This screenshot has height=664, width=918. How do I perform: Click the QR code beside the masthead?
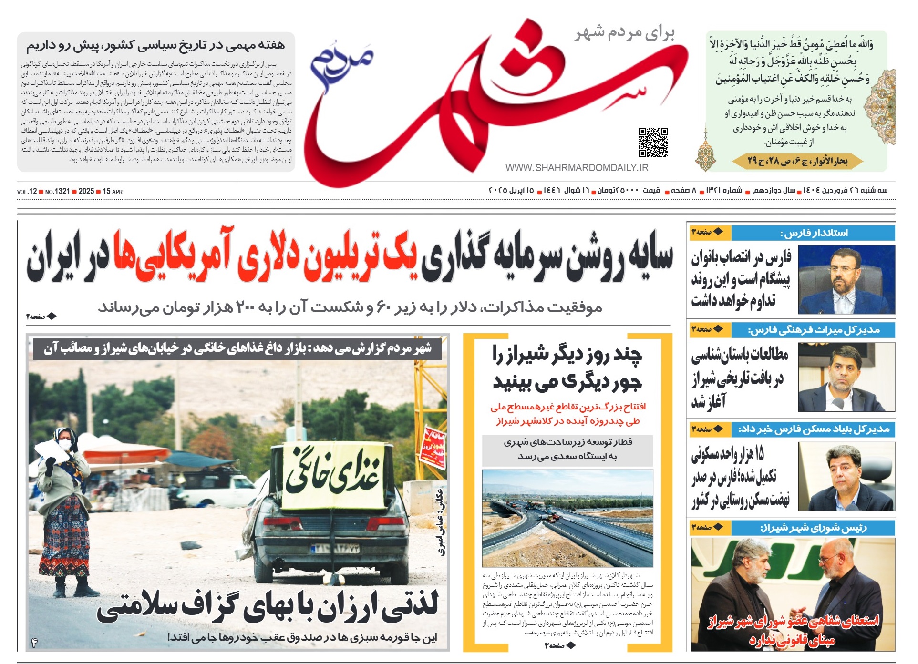653,142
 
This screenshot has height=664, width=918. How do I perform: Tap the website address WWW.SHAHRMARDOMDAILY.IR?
577,168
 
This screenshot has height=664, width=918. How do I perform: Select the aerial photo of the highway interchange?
567,518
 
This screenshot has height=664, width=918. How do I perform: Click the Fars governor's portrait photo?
846,279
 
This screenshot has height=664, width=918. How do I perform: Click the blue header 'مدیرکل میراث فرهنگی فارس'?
813,330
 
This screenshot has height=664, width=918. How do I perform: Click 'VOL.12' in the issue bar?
27,192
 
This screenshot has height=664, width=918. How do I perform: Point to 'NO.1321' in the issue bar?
57,192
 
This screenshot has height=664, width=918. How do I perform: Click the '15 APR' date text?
113,192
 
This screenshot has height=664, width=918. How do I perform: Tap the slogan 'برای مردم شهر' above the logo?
624,33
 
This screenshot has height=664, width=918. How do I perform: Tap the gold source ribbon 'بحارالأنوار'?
797,162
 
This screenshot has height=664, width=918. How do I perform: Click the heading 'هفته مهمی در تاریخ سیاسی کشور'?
155,46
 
